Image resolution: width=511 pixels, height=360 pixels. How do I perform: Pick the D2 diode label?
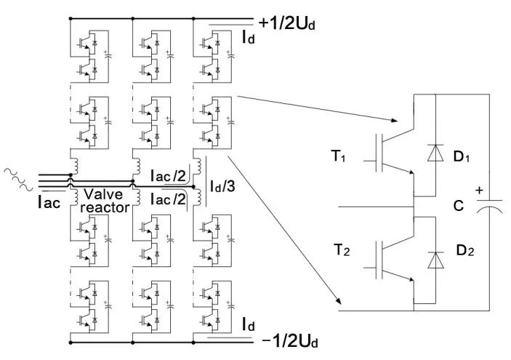pos(465,251)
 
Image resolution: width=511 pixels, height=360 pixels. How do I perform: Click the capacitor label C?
pos(459,207)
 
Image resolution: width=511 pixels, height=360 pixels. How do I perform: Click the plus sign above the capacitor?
pos(478,190)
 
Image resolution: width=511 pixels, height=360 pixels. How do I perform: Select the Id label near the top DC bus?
pos(248,36)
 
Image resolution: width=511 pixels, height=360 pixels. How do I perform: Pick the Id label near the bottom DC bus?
pos(249,323)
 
